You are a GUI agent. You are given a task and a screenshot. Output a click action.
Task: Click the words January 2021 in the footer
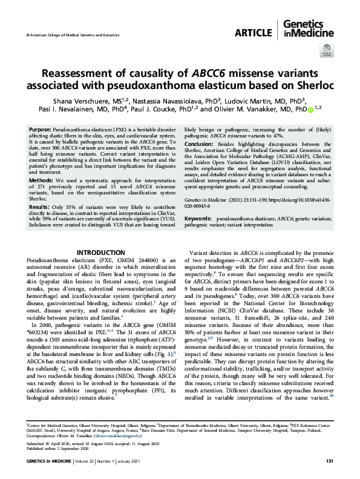[153, 461]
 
